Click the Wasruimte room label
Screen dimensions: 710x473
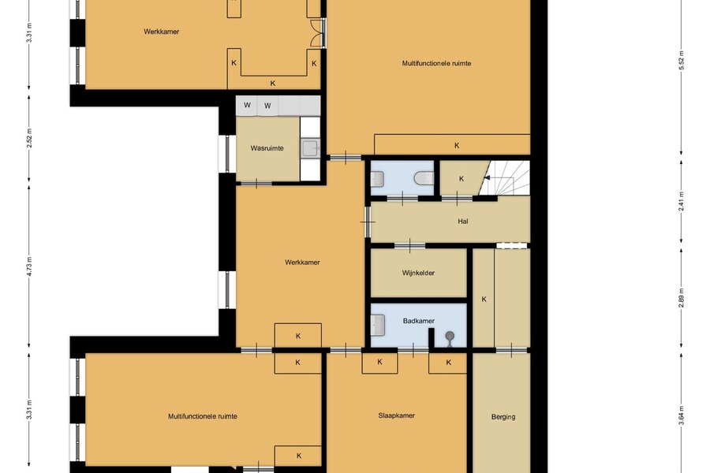tap(267, 148)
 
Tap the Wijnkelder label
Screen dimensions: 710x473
tap(418, 273)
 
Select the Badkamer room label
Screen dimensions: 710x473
tap(419, 321)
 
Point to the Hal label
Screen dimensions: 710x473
tap(463, 222)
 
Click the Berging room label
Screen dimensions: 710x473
tap(503, 417)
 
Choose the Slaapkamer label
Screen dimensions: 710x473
tap(397, 415)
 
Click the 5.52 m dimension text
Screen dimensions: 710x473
tap(681, 61)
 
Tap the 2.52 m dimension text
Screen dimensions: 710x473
tap(29, 139)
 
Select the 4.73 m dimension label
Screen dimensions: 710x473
tap(29, 266)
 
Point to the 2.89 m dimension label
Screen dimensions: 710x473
tap(681, 298)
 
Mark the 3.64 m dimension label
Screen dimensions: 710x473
tap(681, 415)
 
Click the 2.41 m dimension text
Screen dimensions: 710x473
tap(681, 202)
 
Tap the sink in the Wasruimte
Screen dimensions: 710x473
tap(311, 148)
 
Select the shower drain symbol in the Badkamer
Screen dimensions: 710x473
tap(450, 336)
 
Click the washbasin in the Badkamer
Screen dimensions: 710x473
tap(378, 326)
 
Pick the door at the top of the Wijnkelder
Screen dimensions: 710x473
tap(409, 246)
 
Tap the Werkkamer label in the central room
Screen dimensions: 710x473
tap(302, 262)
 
